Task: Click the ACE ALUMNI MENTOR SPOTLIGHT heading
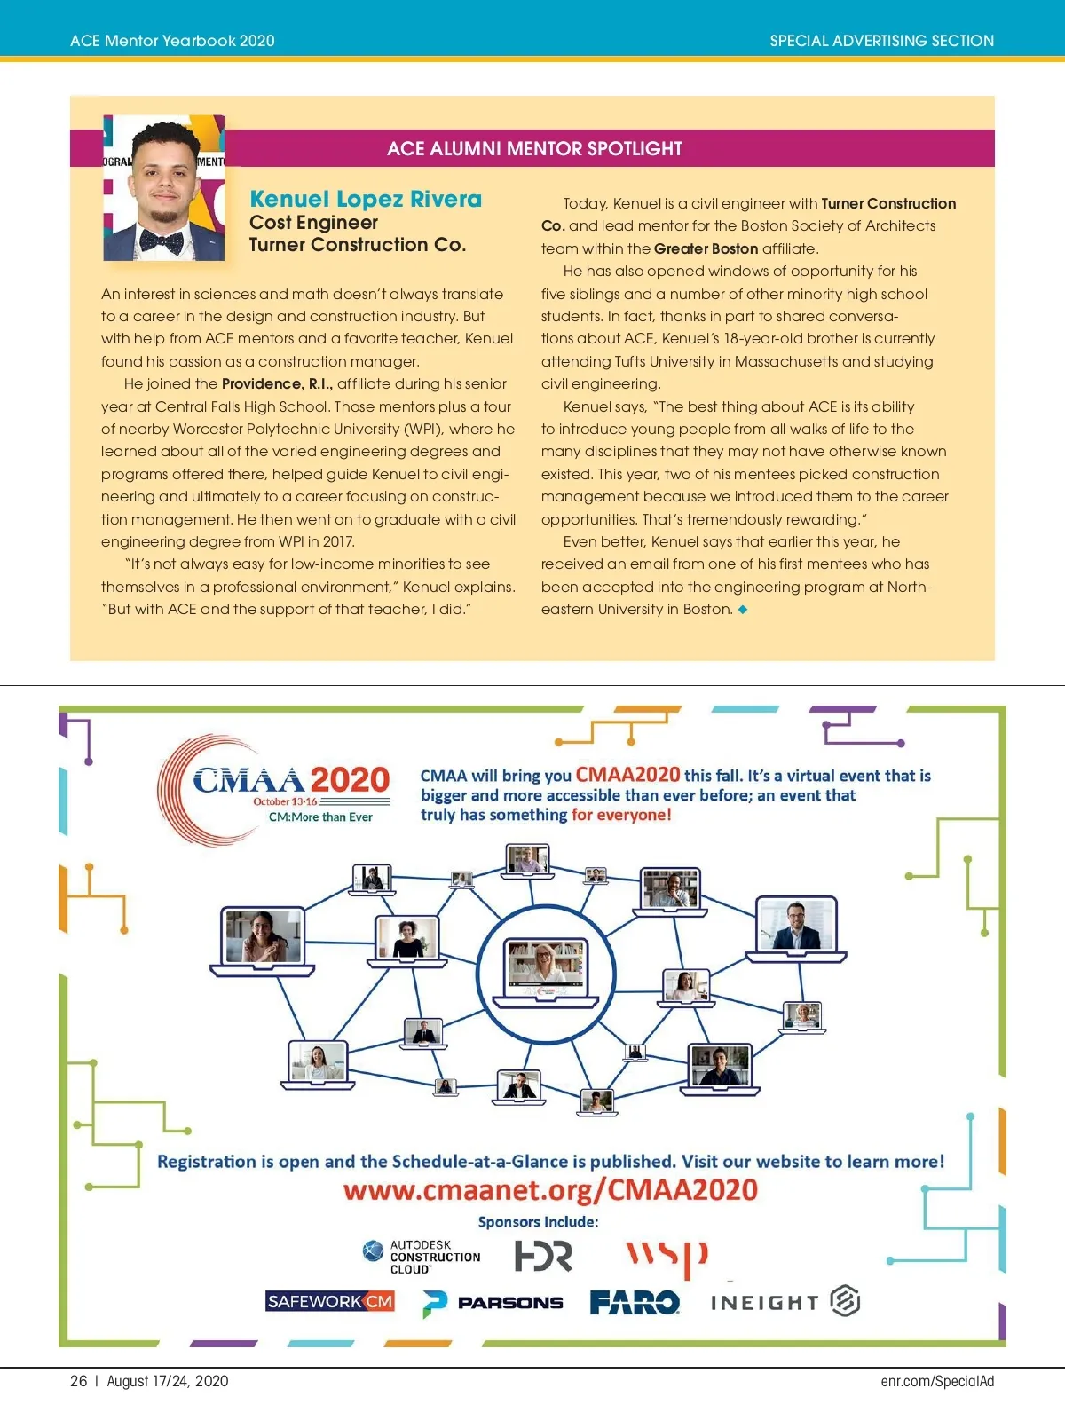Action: pos(534,149)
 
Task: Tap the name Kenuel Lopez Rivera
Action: pos(366,199)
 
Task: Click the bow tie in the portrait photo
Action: pos(162,240)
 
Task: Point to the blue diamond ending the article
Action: pos(743,610)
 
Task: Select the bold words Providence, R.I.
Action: pos(277,383)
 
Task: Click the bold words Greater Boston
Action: pos(706,248)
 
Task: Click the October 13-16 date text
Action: pos(285,801)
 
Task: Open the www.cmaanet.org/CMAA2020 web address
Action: pos(550,1190)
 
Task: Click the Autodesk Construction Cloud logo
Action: pos(422,1257)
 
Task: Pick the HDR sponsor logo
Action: pos(543,1256)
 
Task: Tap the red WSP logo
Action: pos(667,1257)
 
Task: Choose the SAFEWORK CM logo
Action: pos(330,1302)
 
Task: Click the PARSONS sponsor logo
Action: pos(493,1303)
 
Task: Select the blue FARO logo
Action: pos(635,1302)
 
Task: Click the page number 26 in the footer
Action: pos(79,1381)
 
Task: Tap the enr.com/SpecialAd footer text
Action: pos(937,1381)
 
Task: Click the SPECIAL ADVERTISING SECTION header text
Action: pos(881,41)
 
